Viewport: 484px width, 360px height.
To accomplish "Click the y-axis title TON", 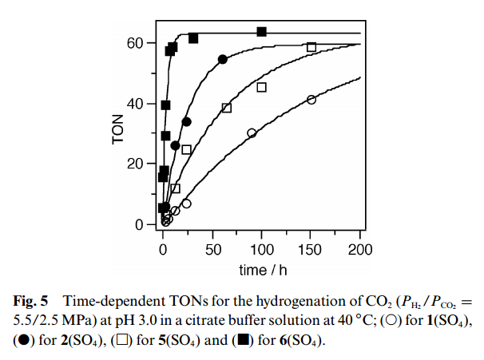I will point(117,129).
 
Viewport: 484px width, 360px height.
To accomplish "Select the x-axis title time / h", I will point(261,271).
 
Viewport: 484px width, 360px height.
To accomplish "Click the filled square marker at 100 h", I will point(261,32).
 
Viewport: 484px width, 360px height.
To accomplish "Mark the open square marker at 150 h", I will point(311,47).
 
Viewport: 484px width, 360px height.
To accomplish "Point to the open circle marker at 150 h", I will point(311,100).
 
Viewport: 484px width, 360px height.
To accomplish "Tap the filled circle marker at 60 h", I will point(223,60).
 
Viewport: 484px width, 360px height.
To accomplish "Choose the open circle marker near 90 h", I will point(252,133).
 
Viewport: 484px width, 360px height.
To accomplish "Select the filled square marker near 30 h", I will point(193,38).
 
